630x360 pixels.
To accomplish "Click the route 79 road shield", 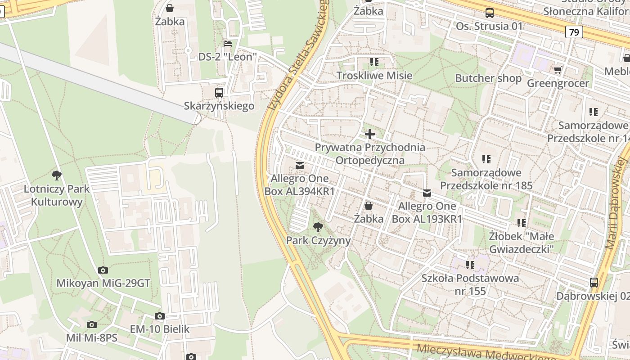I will point(574,32).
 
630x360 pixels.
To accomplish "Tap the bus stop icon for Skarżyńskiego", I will point(219,93).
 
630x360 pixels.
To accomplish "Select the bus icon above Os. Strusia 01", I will point(489,13).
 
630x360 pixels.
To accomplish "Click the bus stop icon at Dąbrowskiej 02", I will point(594,283).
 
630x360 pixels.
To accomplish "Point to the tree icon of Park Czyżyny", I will point(318,227).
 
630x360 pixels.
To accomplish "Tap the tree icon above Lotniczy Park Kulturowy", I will point(57,175).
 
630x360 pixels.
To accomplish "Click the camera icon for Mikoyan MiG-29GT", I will point(103,270).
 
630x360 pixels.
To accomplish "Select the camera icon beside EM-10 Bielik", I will point(159,316).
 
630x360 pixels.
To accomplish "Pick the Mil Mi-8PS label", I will point(91,338).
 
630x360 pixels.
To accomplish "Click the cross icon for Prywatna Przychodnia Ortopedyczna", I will point(370,134).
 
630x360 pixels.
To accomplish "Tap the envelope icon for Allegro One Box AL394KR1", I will point(300,166).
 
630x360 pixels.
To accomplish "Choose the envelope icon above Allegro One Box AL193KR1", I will point(427,193).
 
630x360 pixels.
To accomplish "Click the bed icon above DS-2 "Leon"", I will point(228,44).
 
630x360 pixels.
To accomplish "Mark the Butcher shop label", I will point(488,78).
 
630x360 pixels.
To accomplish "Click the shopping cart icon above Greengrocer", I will point(558,70).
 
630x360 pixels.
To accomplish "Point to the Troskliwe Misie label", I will point(374,75).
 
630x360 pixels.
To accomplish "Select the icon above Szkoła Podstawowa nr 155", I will point(470,265).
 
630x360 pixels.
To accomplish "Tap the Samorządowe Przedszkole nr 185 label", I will point(486,179).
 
